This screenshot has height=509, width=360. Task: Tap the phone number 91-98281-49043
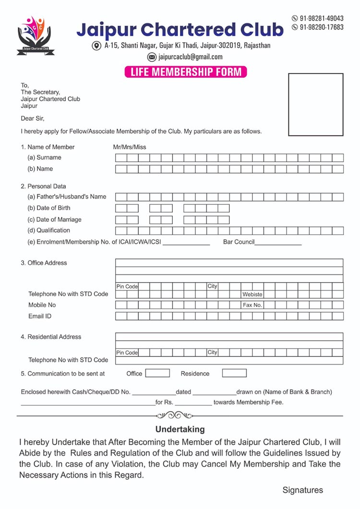(321, 18)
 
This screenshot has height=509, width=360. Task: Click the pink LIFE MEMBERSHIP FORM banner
(185, 72)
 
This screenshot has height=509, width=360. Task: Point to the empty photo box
(315, 105)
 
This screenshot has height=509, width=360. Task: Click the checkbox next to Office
(157, 373)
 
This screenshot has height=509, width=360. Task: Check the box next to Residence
(234, 373)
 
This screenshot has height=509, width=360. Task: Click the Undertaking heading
(180, 429)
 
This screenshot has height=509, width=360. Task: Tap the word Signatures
(302, 490)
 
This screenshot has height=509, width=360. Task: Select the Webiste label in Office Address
(252, 294)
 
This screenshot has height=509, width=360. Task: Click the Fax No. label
(252, 305)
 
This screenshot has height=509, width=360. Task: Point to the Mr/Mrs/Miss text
(126, 147)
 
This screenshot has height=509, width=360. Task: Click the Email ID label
(40, 316)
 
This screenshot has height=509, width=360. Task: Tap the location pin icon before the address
(96, 46)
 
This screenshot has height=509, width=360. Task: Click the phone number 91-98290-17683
(321, 27)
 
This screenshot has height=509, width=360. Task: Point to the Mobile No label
(42, 305)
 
